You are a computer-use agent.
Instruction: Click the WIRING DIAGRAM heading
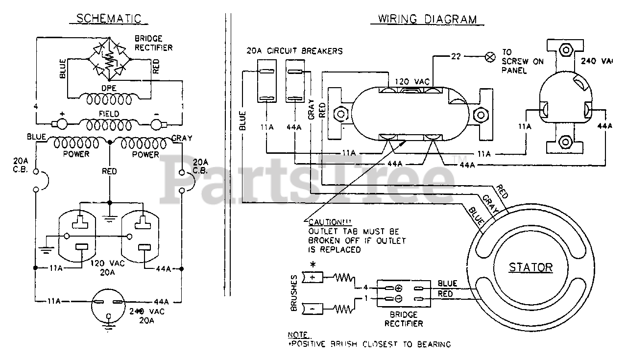coord(427,19)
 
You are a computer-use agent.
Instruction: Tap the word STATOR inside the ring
coord(531,267)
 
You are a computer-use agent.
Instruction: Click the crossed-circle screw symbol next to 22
coord(489,57)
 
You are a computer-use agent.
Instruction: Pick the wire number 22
coord(456,57)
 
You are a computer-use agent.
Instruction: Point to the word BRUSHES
coord(294,292)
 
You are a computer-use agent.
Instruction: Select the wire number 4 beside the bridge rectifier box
coord(364,287)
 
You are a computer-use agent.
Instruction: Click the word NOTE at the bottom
coord(298,335)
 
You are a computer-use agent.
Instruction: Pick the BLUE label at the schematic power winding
coord(37,138)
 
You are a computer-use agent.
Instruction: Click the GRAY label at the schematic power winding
coord(181,138)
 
